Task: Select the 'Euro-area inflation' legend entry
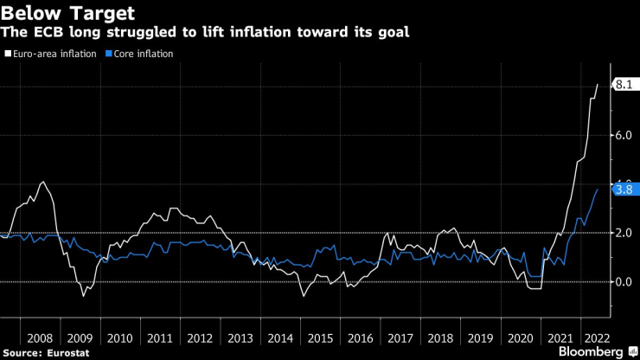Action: coord(54,54)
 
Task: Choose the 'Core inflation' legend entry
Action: coord(144,54)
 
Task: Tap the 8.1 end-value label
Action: coord(624,85)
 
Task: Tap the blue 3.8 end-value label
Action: coord(624,189)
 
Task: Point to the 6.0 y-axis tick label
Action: coord(623,135)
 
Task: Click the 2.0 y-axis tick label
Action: coord(623,233)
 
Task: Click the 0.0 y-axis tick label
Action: coord(623,281)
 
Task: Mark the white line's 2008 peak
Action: coord(42,182)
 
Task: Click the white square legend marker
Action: coord(7,54)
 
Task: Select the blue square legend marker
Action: coord(108,54)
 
